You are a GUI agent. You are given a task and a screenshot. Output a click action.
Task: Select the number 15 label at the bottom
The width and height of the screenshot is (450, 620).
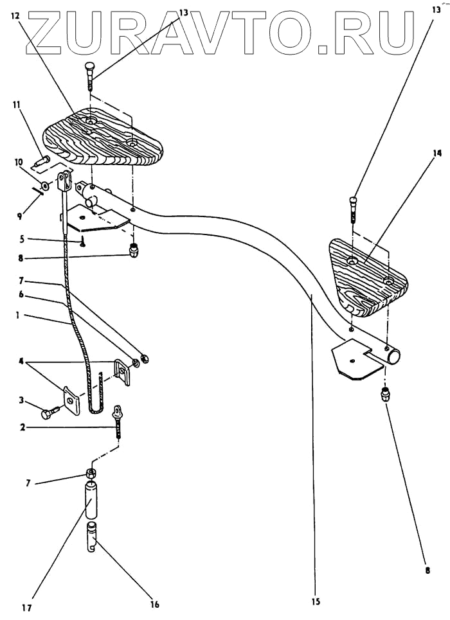click(x=315, y=601)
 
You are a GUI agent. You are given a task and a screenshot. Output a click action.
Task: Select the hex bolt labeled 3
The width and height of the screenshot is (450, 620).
click(x=50, y=413)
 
